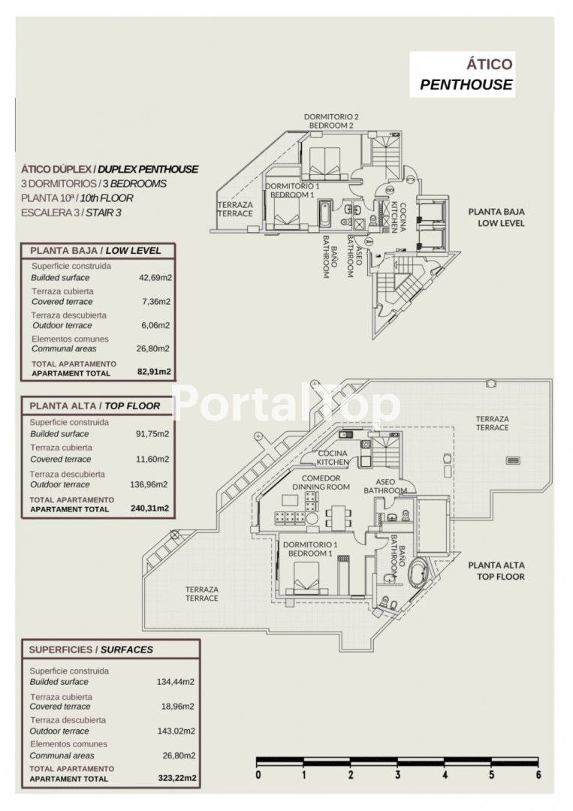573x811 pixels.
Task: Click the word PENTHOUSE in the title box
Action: point(466,85)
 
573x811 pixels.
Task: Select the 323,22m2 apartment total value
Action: point(178,779)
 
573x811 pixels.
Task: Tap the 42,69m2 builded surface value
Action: point(155,277)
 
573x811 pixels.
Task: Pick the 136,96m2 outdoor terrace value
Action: point(152,484)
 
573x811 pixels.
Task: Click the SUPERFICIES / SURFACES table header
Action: point(90,650)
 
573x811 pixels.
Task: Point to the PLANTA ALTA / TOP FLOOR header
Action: point(95,405)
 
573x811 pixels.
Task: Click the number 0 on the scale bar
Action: point(258,775)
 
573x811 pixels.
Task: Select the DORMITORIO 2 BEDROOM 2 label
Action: point(331,121)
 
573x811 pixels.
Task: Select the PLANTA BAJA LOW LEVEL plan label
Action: point(496,218)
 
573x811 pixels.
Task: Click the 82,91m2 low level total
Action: point(155,371)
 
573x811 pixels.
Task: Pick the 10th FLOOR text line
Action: point(78,198)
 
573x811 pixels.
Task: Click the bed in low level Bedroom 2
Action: point(324,160)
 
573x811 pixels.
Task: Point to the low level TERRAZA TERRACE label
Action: point(235,209)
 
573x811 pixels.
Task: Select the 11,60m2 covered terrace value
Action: point(155,459)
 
